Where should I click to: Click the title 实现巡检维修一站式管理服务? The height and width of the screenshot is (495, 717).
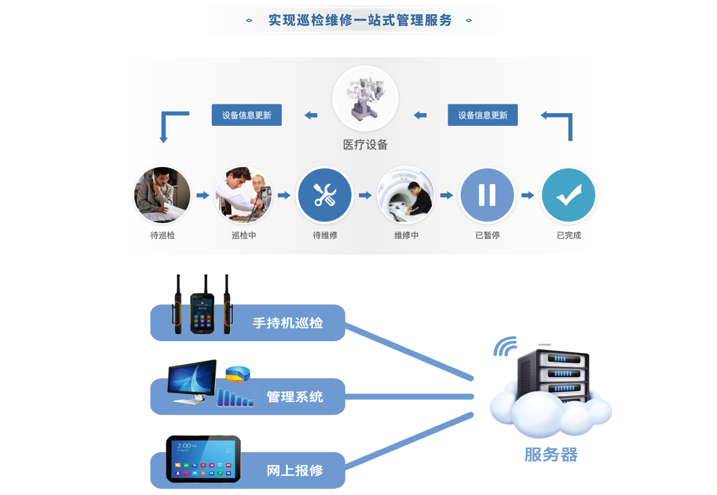pyautogui.click(x=360, y=20)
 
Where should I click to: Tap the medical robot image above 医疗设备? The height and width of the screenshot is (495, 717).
pyautogui.click(x=365, y=99)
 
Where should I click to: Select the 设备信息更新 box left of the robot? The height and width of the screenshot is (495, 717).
pyautogui.click(x=246, y=115)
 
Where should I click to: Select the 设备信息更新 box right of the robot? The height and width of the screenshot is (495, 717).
pyautogui.click(x=482, y=115)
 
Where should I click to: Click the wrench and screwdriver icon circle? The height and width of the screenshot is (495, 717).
pyautogui.click(x=324, y=195)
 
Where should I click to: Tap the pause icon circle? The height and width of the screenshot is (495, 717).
pyautogui.click(x=487, y=195)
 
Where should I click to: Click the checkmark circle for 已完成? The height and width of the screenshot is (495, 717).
pyautogui.click(x=568, y=195)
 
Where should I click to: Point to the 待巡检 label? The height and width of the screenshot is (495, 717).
pyautogui.click(x=162, y=235)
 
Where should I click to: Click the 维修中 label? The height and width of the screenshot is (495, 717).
pyautogui.click(x=406, y=235)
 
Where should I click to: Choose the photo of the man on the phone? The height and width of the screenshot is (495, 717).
pyautogui.click(x=162, y=195)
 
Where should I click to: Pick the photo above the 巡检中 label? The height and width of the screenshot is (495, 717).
pyautogui.click(x=244, y=195)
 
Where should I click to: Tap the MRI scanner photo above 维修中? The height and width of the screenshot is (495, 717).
pyautogui.click(x=406, y=195)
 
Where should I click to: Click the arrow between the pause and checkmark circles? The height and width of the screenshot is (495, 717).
pyautogui.click(x=528, y=195)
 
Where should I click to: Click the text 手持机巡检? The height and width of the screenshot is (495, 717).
pyautogui.click(x=288, y=323)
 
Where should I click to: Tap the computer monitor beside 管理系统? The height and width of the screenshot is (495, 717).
pyautogui.click(x=192, y=381)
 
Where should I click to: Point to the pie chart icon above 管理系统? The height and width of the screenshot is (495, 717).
pyautogui.click(x=238, y=373)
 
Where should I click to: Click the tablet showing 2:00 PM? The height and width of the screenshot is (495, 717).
pyautogui.click(x=203, y=459)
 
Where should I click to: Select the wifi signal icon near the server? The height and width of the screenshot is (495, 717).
pyautogui.click(x=506, y=347)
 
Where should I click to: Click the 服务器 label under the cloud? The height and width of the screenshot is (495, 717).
pyautogui.click(x=551, y=455)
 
